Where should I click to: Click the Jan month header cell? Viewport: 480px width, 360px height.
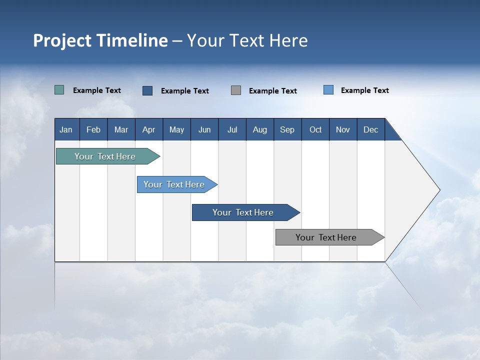click(66, 129)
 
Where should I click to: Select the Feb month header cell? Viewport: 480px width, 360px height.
click(93, 129)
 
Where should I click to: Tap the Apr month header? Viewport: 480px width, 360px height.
click(149, 129)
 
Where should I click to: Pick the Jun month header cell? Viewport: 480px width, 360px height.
click(204, 129)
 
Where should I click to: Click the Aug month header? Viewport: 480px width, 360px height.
click(260, 129)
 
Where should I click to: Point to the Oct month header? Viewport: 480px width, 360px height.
click(315, 129)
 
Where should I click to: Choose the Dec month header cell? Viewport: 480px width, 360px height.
click(371, 129)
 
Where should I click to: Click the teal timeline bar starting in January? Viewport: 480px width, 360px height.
click(105, 156)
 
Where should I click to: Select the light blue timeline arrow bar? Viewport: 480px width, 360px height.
click(174, 184)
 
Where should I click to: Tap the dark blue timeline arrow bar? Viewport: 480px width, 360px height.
click(243, 212)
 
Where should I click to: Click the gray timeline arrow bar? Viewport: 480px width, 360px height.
click(326, 237)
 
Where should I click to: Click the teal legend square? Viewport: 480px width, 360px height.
click(59, 90)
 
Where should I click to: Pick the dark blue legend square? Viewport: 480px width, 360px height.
click(147, 90)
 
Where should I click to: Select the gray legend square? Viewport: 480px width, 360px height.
click(236, 90)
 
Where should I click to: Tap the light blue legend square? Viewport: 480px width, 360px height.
click(328, 90)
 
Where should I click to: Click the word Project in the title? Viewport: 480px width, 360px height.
click(61, 40)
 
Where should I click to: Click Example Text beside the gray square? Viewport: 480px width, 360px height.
click(273, 91)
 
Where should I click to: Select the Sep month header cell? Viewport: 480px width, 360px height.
click(287, 129)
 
